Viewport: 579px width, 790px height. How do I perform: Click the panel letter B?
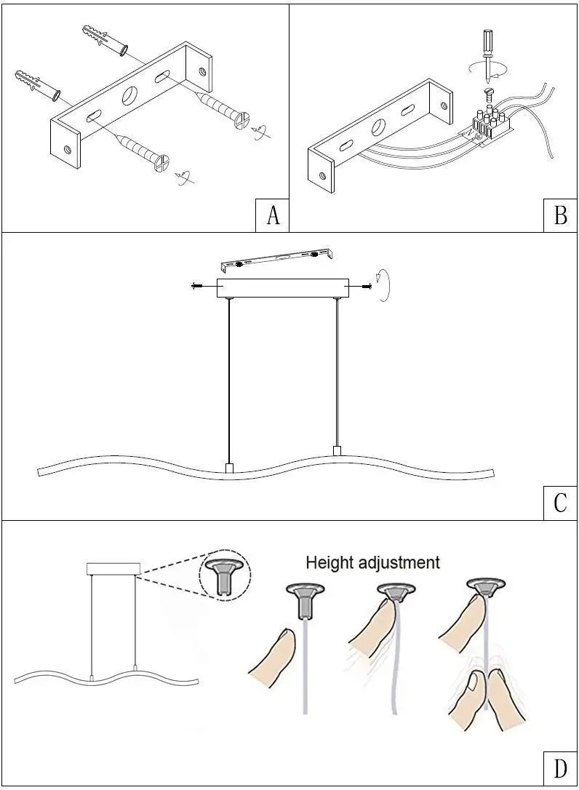coord(561,215)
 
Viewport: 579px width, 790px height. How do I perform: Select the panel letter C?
coord(560,503)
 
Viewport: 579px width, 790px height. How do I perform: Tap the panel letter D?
coord(560,768)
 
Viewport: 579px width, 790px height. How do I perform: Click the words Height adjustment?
coord(372,562)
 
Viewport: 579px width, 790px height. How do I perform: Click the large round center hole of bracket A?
coord(131,95)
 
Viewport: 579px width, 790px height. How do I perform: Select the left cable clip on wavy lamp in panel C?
coord(230,468)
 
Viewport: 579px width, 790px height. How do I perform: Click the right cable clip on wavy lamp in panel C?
coord(337,450)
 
